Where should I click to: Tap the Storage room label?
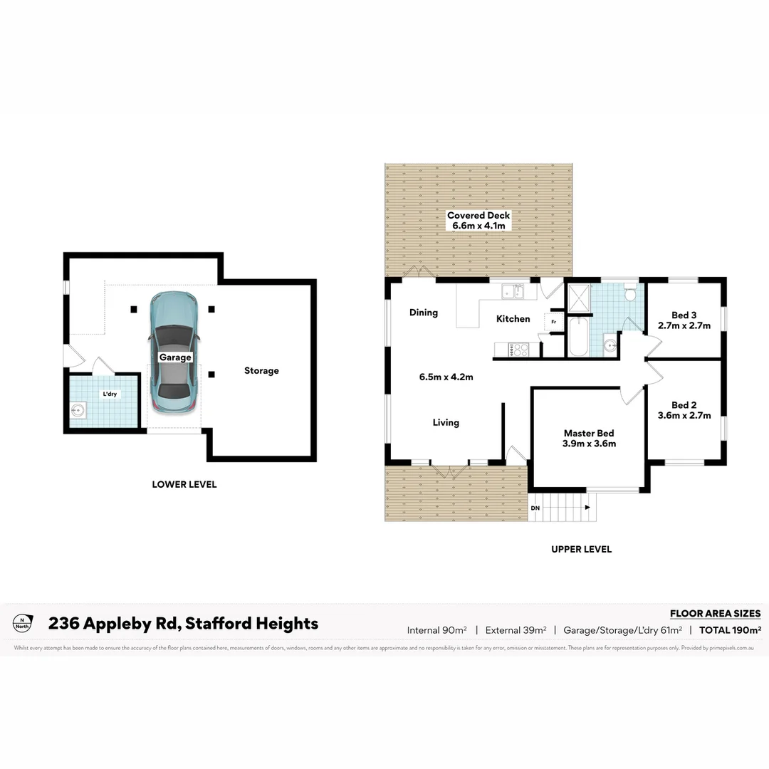click(x=261, y=370)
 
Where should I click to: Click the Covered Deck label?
click(x=478, y=215)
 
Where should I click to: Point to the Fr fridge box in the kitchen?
click(x=553, y=322)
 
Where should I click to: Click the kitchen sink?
click(x=511, y=291)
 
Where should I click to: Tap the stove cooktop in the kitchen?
click(x=517, y=349)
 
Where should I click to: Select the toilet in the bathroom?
click(x=630, y=294)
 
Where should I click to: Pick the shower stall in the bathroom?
click(x=579, y=299)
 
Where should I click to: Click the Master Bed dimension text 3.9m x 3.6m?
click(x=589, y=443)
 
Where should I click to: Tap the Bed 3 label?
click(x=684, y=315)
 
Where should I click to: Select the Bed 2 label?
click(x=684, y=405)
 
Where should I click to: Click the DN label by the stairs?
click(x=535, y=508)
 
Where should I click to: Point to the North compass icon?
click(x=22, y=623)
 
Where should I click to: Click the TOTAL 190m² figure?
click(x=730, y=629)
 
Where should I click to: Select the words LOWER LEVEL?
click(x=184, y=484)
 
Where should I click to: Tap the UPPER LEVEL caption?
click(x=581, y=549)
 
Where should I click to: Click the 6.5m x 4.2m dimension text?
click(x=446, y=377)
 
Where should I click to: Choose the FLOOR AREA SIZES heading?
click(x=715, y=613)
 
